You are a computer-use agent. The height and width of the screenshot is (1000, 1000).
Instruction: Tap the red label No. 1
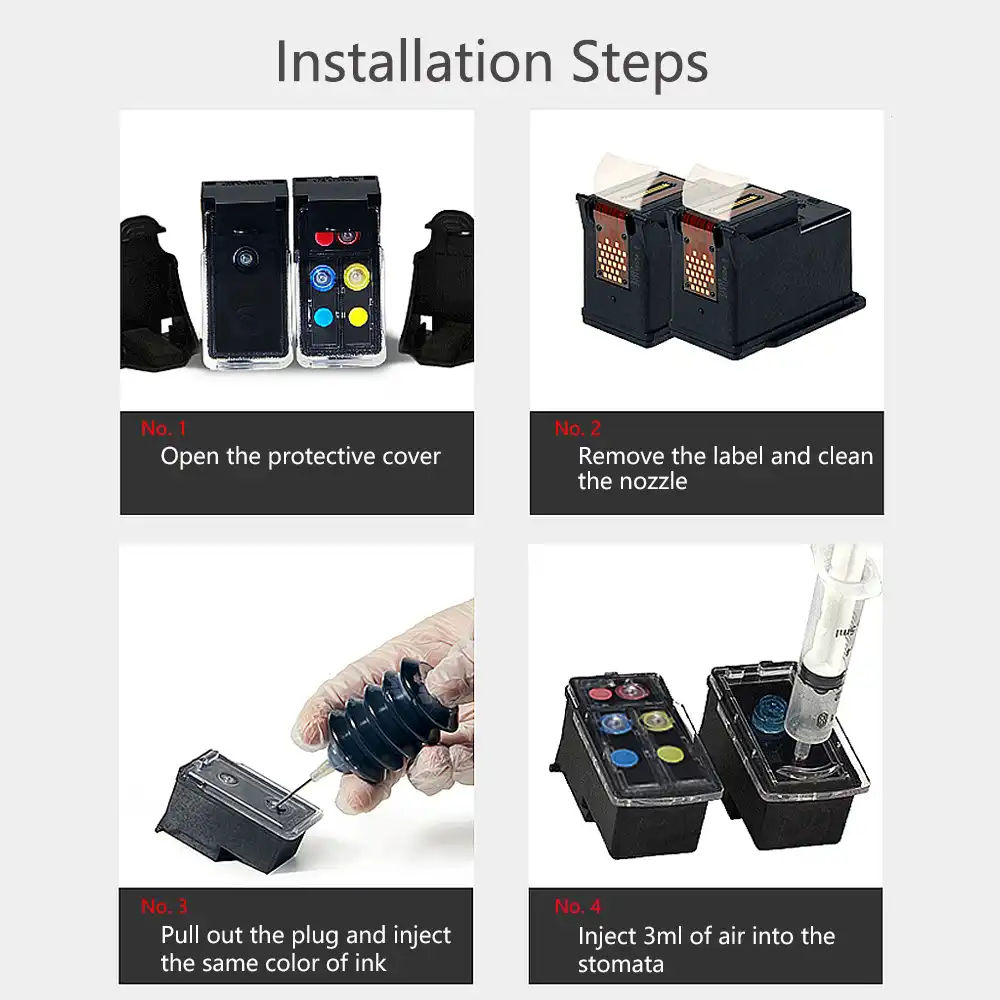(163, 429)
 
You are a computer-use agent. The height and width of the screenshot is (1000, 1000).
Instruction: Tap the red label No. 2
(577, 429)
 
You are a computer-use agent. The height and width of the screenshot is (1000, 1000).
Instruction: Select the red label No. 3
(163, 907)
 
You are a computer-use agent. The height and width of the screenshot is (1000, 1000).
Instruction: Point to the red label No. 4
(577, 907)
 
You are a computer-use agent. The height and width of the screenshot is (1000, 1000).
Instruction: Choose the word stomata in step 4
(620, 964)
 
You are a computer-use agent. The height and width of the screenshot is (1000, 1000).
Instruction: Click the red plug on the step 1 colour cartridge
(323, 238)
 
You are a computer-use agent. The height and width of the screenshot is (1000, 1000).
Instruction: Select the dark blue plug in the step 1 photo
(322, 275)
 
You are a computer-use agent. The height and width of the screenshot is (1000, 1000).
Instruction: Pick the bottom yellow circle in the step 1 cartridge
(356, 317)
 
